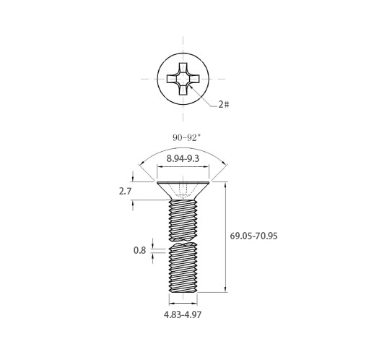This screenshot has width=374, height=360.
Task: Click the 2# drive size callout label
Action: click(x=224, y=104)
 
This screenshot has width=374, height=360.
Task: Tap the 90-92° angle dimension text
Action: click(x=186, y=137)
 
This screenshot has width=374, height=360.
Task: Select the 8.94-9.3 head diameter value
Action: click(x=183, y=159)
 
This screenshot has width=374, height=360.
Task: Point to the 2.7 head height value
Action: click(x=125, y=192)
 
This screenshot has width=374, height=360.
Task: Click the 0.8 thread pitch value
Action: click(x=139, y=251)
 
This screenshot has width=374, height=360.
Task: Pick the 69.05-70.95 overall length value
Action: click(x=253, y=236)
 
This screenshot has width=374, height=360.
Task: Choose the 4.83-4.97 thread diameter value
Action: click(x=183, y=314)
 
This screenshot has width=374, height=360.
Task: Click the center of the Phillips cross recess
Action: click(x=183, y=79)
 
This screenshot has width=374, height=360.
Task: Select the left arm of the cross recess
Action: click(x=172, y=79)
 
